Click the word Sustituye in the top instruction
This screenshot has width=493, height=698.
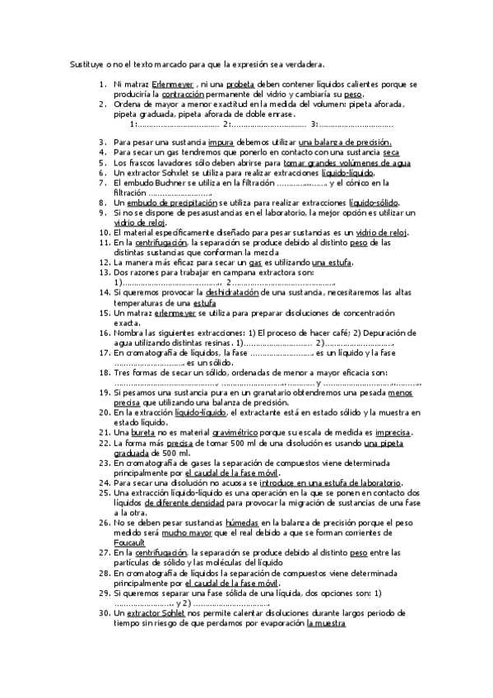coord(85,63)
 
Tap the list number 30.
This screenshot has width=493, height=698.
coord(103,612)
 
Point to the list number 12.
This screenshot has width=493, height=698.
coord(103,263)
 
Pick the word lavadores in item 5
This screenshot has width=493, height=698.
coord(171,163)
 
